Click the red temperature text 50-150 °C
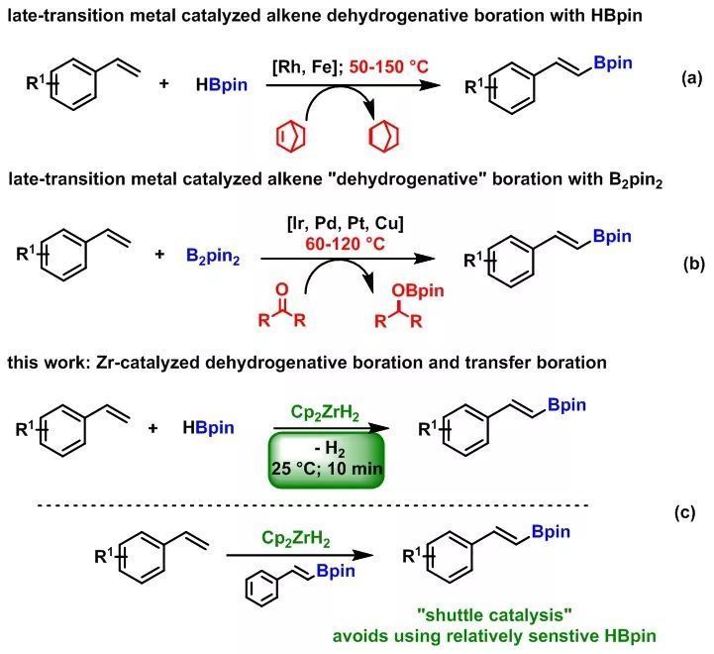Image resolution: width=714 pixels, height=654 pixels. click(x=389, y=67)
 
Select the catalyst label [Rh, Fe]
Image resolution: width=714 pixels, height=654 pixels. click(x=306, y=67)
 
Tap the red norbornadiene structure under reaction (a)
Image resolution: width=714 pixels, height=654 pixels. click(x=290, y=136)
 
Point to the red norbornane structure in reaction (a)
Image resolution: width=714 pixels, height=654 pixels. click(x=385, y=136)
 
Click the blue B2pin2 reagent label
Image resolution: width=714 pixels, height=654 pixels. click(x=213, y=256)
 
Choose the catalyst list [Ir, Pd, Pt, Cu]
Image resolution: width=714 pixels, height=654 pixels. click(x=346, y=224)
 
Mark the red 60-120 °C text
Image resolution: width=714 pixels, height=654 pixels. click(x=346, y=244)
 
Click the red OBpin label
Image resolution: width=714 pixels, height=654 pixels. click(x=418, y=290)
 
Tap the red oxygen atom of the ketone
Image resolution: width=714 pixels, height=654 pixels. click(x=282, y=289)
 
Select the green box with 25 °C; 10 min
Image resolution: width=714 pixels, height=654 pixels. click(x=326, y=460)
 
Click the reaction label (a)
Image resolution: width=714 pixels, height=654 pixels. click(x=691, y=78)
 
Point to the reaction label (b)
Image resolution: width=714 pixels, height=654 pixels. click(x=693, y=264)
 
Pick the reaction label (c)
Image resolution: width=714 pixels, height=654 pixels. click(x=685, y=512)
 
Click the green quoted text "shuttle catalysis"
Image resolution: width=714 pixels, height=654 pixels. click(x=494, y=614)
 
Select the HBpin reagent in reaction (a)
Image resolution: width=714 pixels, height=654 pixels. click(x=222, y=84)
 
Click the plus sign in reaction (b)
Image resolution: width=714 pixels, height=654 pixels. click(x=159, y=254)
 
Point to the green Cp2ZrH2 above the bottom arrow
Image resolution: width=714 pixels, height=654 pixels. click(x=296, y=539)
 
